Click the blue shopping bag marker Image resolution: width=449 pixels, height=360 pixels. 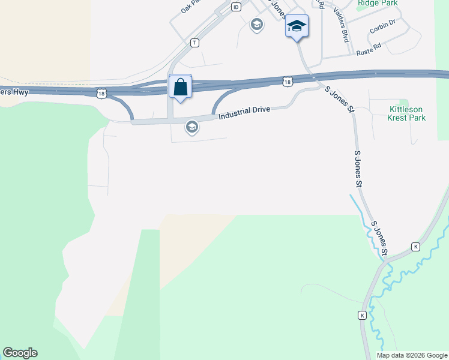[x=180, y=87]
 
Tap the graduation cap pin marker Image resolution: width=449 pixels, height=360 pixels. [x=297, y=26]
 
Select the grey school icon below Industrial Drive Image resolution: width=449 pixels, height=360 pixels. [x=192, y=127]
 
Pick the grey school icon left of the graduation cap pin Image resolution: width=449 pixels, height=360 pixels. [x=257, y=25]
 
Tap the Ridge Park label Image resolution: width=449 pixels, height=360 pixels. [x=378, y=3]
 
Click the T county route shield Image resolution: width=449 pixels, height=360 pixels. [x=194, y=43]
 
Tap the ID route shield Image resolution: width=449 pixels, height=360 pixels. [x=236, y=7]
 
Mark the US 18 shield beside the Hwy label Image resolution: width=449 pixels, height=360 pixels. [x=101, y=93]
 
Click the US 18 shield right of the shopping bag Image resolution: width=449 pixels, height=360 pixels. [x=288, y=81]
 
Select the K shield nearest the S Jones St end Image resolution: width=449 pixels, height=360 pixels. [x=415, y=247]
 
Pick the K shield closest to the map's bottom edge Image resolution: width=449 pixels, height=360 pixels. [x=362, y=315]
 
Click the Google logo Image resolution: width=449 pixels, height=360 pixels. [x=20, y=353]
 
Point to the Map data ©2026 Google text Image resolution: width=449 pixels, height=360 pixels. [x=412, y=355]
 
